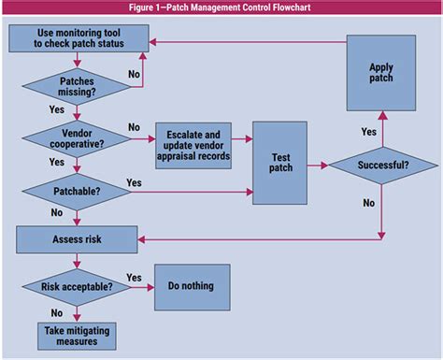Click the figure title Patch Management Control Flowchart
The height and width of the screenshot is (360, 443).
tap(221, 8)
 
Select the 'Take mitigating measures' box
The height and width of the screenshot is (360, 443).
tap(76, 335)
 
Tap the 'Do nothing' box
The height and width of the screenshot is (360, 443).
tap(190, 287)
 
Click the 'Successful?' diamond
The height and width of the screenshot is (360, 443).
tap(379, 166)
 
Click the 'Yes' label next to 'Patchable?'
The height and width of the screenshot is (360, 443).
tap(134, 182)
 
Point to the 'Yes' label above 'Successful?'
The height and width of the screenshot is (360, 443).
tap(368, 132)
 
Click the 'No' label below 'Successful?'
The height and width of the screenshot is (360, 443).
tap(368, 201)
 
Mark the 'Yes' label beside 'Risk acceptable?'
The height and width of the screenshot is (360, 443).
tap(134, 277)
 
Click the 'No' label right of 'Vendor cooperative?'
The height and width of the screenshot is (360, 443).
tap(134, 127)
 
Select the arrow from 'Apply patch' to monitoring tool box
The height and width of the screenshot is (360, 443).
tap(243, 41)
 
